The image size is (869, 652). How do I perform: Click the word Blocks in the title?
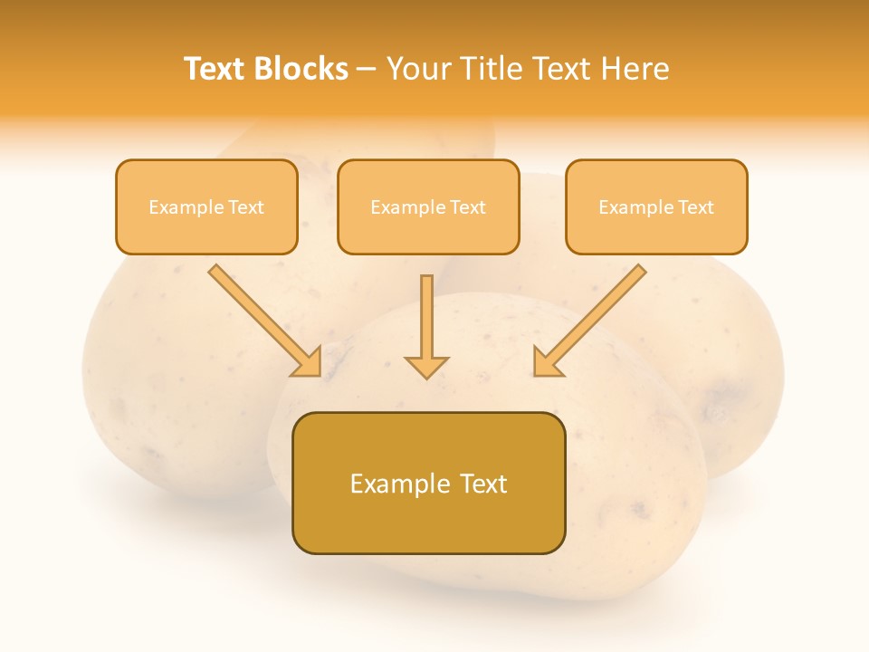click(x=302, y=69)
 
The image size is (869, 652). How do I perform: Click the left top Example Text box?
click(x=206, y=206)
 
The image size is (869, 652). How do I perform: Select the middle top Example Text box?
click(x=428, y=206)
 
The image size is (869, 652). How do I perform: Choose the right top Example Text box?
click(x=656, y=206)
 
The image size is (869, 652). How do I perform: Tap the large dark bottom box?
click(x=428, y=483)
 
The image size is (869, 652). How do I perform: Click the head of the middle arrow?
click(x=426, y=366)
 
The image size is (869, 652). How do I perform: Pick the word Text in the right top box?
click(x=695, y=207)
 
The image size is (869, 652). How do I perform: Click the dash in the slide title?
click(x=368, y=70)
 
